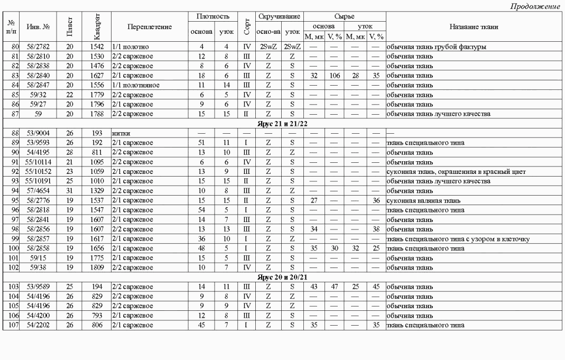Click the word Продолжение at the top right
pyautogui.click(x=535, y=6)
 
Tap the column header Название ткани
pyautogui.click(x=474, y=26)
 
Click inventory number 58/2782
pyautogui.click(x=38, y=47)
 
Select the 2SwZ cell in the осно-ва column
pyautogui.click(x=268, y=47)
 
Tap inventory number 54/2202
pyautogui.click(x=38, y=325)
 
